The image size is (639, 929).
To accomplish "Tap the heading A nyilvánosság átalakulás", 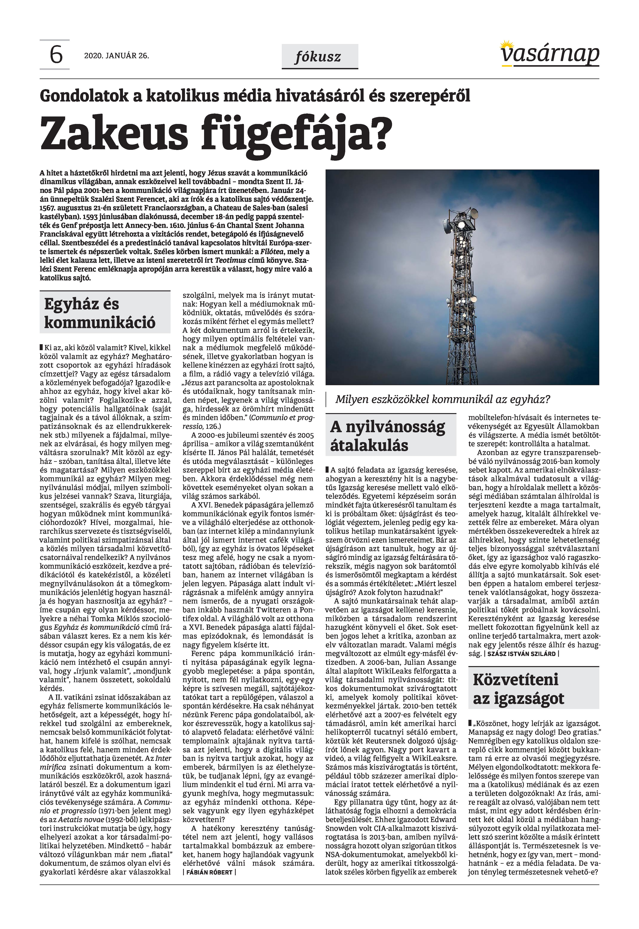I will (x=387, y=436).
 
